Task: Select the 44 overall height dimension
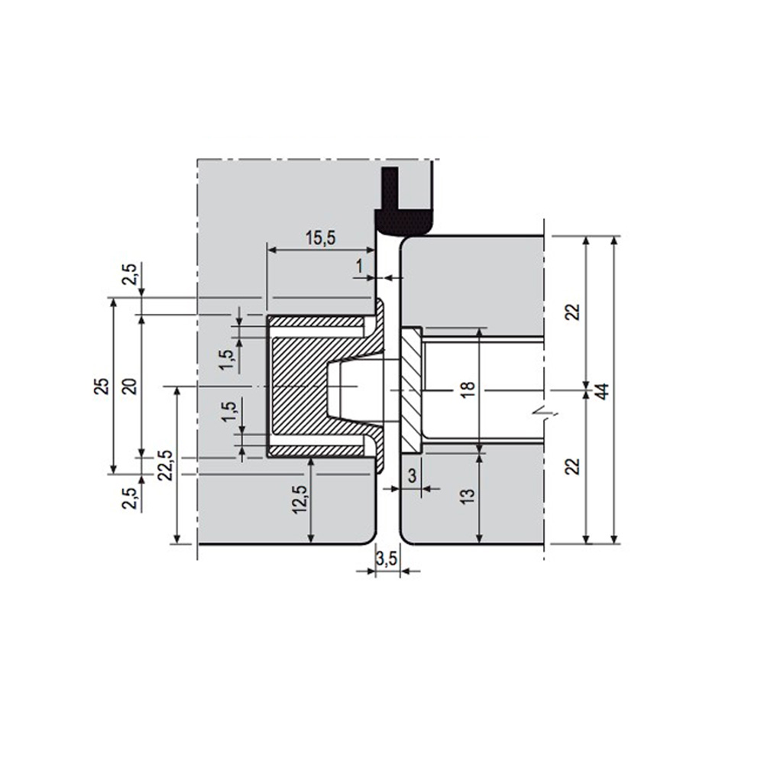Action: [x=602, y=390]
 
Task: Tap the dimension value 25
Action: [x=100, y=386]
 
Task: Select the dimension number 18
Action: [x=468, y=388]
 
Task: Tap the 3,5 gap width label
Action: [x=387, y=559]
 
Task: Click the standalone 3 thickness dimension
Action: [x=412, y=476]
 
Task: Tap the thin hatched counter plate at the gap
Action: [x=410, y=388]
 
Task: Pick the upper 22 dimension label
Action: [x=574, y=312]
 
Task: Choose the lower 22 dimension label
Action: [x=574, y=465]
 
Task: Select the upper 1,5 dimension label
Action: [x=226, y=359]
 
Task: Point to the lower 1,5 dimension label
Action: [x=226, y=413]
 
